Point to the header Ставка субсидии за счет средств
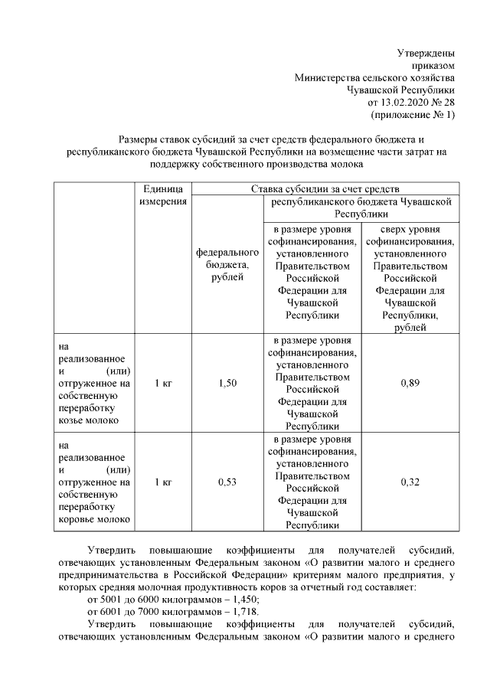325,188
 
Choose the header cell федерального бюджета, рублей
227,264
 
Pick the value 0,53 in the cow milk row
227,482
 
